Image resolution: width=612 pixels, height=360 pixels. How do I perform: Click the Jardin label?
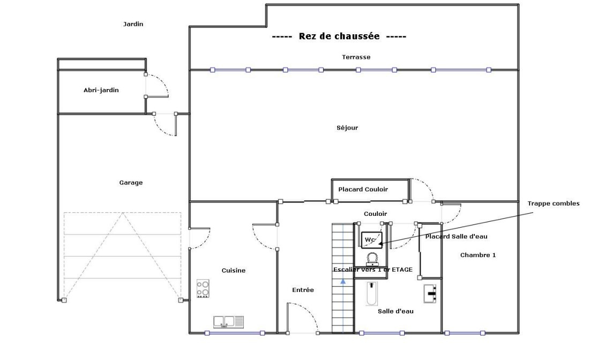(133, 24)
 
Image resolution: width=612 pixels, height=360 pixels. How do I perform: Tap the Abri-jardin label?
(101, 90)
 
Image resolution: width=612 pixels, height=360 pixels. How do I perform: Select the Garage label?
(131, 183)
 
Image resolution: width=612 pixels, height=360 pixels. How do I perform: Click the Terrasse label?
(356, 57)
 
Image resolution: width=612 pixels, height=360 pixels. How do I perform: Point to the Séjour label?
(347, 127)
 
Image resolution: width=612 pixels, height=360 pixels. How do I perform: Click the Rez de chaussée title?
(339, 36)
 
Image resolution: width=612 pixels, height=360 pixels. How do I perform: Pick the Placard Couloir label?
(363, 190)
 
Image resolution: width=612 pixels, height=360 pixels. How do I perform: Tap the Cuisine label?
(234, 271)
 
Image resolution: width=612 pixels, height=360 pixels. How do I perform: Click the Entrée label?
(303, 290)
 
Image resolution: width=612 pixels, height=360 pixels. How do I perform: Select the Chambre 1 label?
(477, 255)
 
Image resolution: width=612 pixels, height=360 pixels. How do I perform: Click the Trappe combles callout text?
(554, 204)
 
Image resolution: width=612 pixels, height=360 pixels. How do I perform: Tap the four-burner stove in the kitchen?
(203, 289)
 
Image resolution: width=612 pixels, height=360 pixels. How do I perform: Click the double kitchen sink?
(228, 322)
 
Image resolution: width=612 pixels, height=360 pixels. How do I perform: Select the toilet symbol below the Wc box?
(372, 259)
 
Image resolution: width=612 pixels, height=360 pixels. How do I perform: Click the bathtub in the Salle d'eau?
(372, 294)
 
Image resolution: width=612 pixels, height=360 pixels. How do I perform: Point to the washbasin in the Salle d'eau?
(430, 294)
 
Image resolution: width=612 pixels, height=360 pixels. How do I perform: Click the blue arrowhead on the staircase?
(342, 280)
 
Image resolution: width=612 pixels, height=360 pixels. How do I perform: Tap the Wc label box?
(371, 240)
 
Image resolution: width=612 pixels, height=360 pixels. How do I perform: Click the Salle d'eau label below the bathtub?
(395, 311)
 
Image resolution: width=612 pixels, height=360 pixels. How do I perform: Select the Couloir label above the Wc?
(375, 214)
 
